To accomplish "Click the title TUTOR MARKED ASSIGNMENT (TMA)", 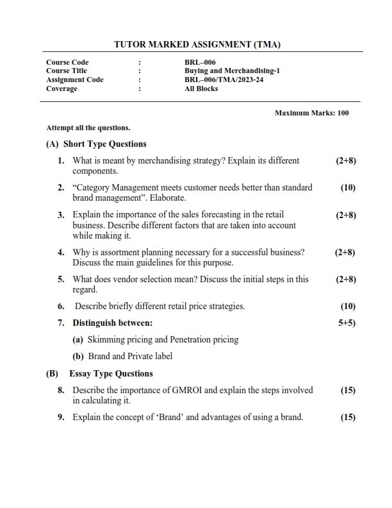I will (197, 45).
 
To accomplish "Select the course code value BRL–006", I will (195, 62).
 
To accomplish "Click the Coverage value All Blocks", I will (201, 89).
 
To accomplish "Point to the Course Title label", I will (67, 71).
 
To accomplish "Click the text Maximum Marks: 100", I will (311, 113).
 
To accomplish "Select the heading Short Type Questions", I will (104, 144).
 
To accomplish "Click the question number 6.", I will (61, 307).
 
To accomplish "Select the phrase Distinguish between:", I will (112, 323).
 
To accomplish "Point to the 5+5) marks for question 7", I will (347, 323).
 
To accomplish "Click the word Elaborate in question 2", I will (165, 198).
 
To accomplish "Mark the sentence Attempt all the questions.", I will (88, 128).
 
